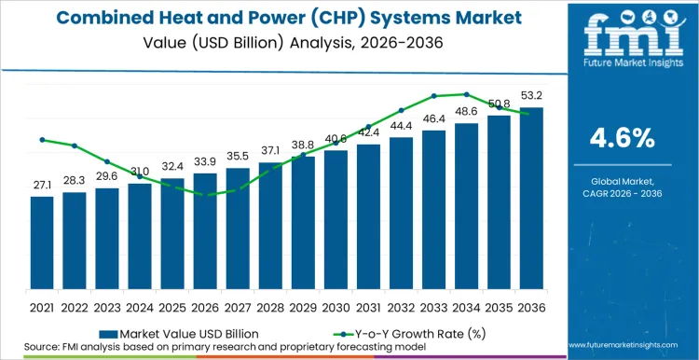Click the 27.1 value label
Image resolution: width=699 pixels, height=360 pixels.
[42, 187]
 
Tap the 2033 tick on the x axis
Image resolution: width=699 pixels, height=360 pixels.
[433, 306]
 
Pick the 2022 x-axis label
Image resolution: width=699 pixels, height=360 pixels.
[75, 306]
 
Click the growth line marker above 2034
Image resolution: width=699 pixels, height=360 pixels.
[466, 94]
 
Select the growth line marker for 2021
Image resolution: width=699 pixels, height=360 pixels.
[42, 140]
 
